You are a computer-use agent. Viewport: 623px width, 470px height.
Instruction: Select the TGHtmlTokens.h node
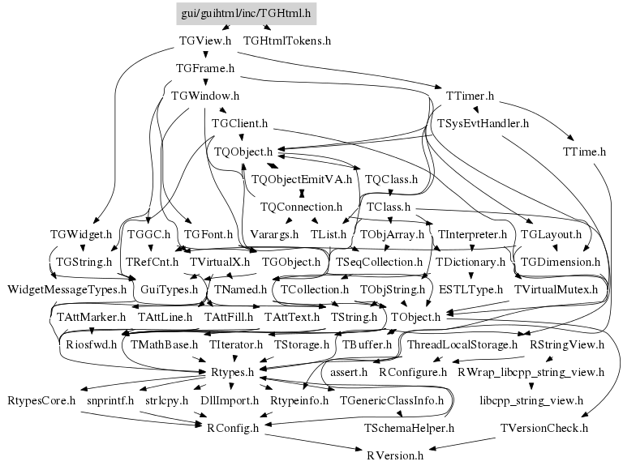click(x=287, y=40)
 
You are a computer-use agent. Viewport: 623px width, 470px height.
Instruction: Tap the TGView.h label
click(x=205, y=40)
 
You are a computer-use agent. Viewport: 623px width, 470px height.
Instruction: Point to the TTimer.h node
click(x=470, y=96)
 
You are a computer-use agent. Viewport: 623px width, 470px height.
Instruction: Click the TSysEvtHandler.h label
click(x=483, y=124)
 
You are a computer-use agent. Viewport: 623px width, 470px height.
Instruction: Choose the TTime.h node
click(x=584, y=151)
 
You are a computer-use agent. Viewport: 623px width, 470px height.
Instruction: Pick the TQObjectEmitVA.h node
click(x=302, y=179)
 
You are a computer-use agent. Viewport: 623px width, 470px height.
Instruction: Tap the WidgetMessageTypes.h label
click(x=67, y=289)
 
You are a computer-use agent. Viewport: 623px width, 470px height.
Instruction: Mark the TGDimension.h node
click(x=560, y=262)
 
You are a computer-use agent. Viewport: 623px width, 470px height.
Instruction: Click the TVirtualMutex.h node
click(x=556, y=289)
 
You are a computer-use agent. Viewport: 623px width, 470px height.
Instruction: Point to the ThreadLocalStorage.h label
click(x=462, y=344)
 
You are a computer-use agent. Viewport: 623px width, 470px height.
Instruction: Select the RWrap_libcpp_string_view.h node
click(x=531, y=372)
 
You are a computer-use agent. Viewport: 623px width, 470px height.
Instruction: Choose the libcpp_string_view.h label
click(x=531, y=400)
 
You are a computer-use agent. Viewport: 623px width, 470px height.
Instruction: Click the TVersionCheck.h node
click(x=544, y=427)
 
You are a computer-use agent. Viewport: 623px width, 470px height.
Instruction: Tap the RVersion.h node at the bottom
click(x=395, y=455)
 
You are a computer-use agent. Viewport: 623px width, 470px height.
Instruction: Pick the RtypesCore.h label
click(x=41, y=400)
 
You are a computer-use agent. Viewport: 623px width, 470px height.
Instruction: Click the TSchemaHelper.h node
click(x=409, y=427)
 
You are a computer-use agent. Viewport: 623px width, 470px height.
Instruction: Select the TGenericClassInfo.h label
click(x=392, y=400)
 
